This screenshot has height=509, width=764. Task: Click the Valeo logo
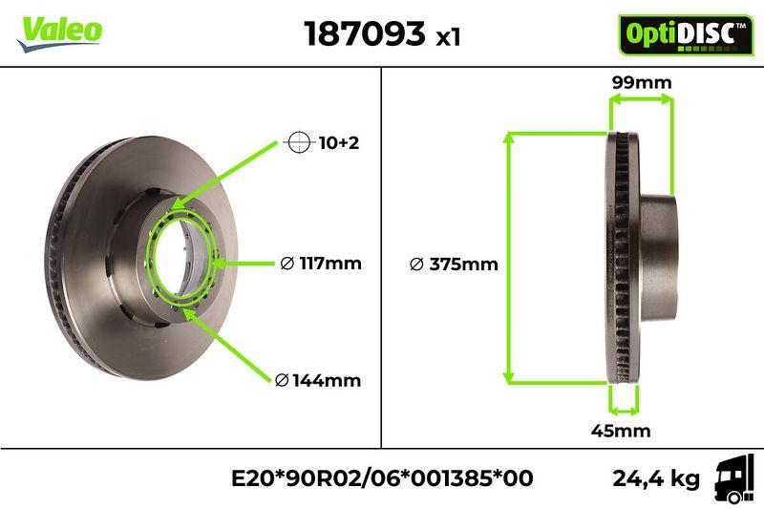pyautogui.click(x=59, y=30)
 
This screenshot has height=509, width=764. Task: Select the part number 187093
pyautogui.click(x=364, y=34)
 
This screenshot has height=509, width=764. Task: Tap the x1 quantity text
pyautogui.click(x=448, y=38)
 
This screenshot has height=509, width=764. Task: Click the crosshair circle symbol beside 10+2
pyautogui.click(x=299, y=143)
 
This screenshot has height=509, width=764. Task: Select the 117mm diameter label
pyautogui.click(x=321, y=264)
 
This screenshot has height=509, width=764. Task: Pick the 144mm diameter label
pyautogui.click(x=317, y=380)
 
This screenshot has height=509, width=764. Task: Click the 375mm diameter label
pyautogui.click(x=454, y=265)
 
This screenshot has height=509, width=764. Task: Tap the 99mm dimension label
pyautogui.click(x=641, y=83)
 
